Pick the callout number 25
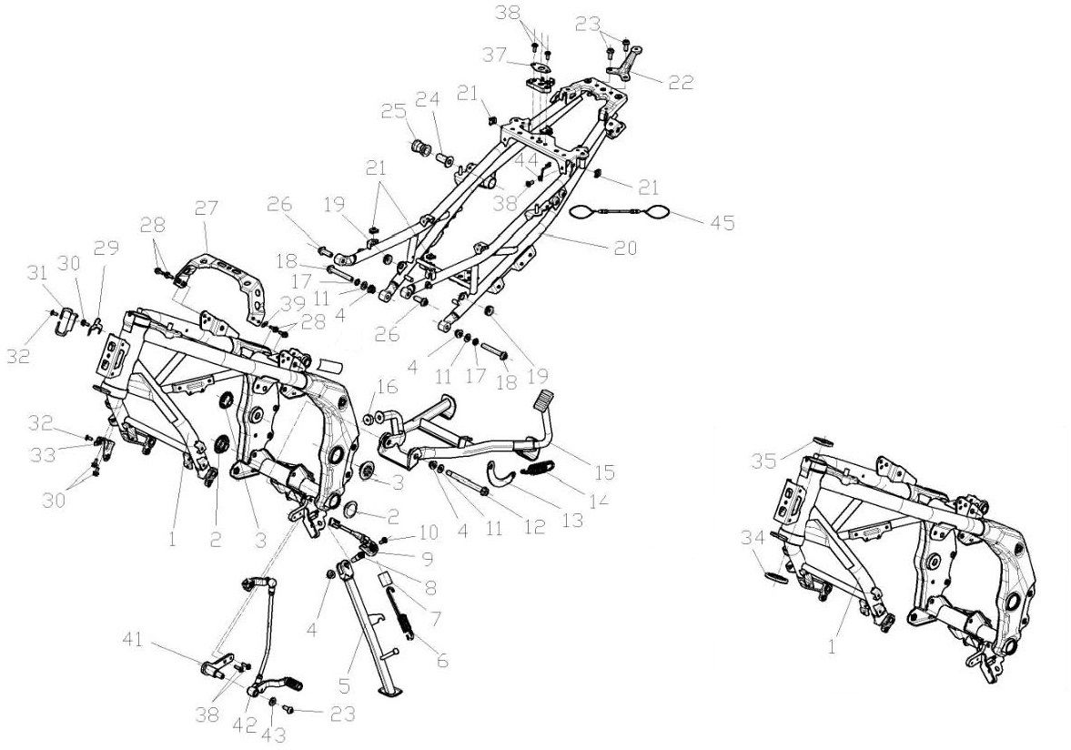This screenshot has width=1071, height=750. [392, 113]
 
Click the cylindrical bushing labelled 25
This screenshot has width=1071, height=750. [421, 147]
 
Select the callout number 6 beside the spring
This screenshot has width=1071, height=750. [442, 662]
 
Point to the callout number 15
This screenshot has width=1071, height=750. [605, 472]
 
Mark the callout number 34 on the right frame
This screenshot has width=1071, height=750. [751, 539]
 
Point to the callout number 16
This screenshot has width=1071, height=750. [387, 388]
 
